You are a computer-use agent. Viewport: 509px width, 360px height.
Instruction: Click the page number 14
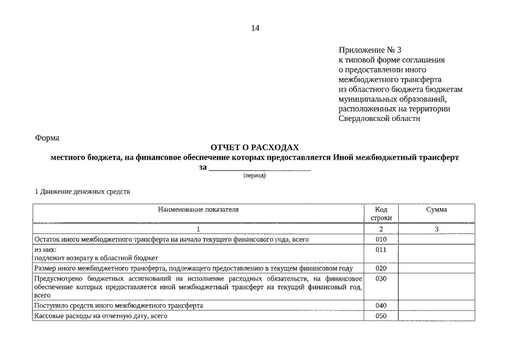pos(255,28)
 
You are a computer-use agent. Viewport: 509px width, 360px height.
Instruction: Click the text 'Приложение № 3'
pos(370,50)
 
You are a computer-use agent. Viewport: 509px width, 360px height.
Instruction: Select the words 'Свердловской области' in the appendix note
pos(379,119)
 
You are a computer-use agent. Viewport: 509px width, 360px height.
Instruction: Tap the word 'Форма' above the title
pos(47,138)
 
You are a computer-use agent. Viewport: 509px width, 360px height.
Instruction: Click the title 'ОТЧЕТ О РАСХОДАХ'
pos(255,147)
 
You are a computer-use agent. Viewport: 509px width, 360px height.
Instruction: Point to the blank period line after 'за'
pos(259,168)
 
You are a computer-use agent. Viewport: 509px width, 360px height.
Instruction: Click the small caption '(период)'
pos(254,175)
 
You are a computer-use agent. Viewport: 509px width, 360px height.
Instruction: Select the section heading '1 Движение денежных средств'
pos(82,191)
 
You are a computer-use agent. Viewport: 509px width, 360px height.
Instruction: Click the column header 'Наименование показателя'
pos(198,209)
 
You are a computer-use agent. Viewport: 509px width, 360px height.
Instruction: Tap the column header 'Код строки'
pos(381,213)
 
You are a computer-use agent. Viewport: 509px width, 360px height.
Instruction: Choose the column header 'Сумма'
pos(436,209)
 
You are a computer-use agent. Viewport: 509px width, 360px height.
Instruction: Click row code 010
pos(381,239)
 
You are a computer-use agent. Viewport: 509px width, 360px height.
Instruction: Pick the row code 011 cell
pos(381,249)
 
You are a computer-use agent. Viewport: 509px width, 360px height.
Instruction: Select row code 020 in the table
pos(381,268)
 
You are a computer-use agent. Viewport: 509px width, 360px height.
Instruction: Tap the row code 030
pos(381,278)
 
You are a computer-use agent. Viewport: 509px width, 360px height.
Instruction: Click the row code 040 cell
pos(381,305)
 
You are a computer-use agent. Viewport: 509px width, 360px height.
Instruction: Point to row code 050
pos(381,316)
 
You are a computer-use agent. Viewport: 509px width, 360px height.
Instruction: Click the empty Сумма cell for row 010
pos(436,239)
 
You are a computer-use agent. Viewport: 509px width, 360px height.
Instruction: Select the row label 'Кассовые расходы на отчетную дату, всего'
pos(101,316)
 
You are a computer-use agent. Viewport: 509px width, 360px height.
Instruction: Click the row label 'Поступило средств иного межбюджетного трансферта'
pos(119,305)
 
